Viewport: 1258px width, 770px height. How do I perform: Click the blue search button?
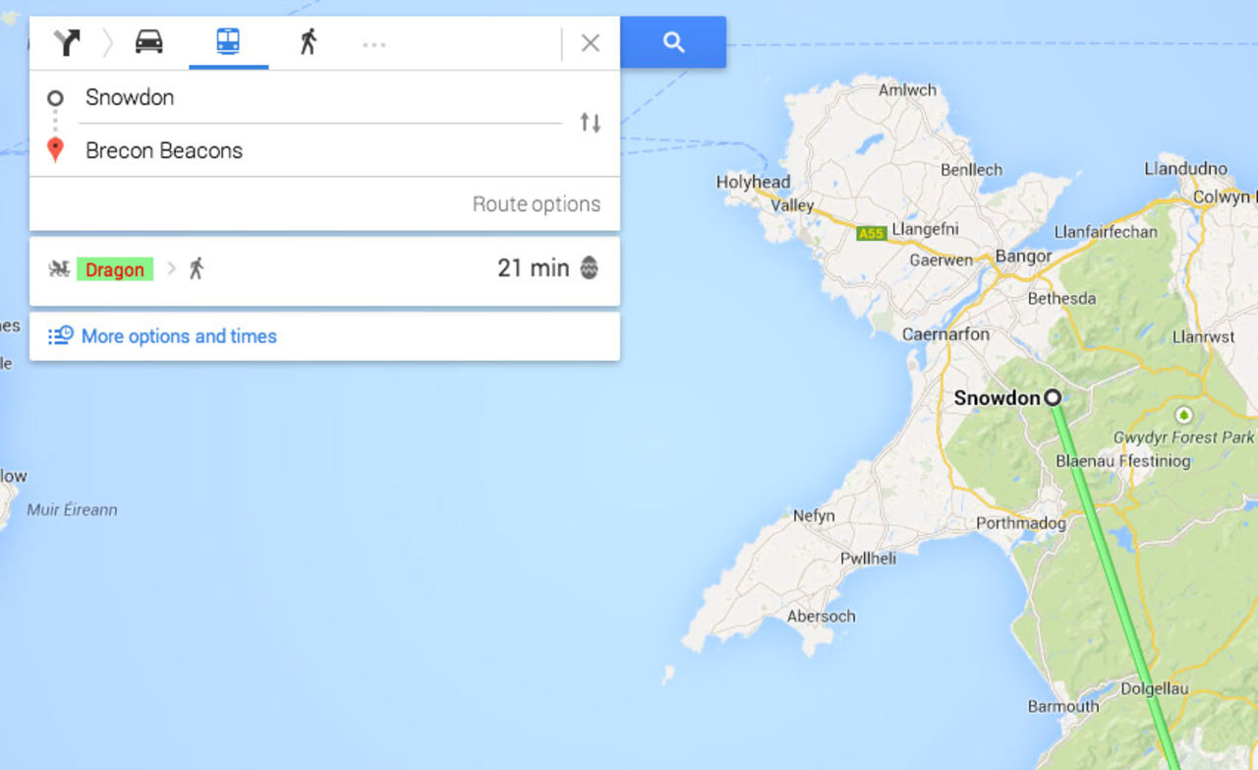click(x=673, y=42)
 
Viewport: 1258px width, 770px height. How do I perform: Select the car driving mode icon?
click(x=149, y=42)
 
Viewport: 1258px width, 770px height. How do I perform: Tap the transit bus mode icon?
click(x=228, y=42)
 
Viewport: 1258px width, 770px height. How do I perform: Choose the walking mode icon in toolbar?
click(x=309, y=42)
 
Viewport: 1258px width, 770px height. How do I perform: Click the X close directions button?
click(x=590, y=43)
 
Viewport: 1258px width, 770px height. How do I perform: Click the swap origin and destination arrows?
click(x=590, y=123)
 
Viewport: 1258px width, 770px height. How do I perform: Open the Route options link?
click(x=536, y=205)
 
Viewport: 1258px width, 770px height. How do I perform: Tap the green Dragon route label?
click(x=115, y=269)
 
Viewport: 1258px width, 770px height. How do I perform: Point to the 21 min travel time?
click(x=533, y=267)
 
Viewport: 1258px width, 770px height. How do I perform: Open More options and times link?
click(x=178, y=336)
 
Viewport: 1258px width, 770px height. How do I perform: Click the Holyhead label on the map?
click(x=753, y=182)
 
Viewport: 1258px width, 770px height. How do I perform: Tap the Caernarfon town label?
click(x=945, y=334)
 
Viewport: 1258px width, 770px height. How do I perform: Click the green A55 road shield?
click(x=871, y=234)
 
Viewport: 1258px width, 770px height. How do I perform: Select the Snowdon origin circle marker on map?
click(x=1053, y=398)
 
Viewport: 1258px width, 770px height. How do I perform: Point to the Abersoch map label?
click(x=821, y=617)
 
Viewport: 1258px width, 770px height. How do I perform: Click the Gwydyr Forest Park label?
click(x=1183, y=438)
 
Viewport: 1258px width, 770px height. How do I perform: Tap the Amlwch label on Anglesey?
click(x=907, y=90)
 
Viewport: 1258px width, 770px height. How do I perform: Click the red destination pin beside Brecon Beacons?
click(x=56, y=150)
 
